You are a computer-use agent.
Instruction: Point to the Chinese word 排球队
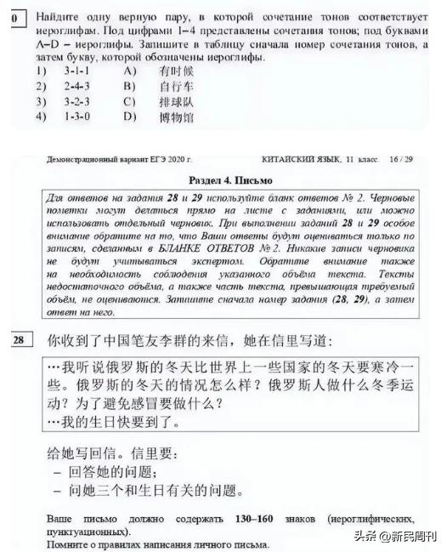176,101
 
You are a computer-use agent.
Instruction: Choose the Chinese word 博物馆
176,116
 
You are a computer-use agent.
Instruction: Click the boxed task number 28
20,340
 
